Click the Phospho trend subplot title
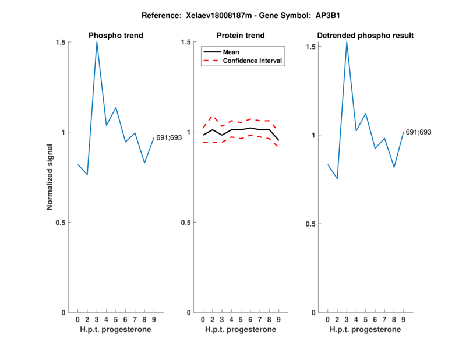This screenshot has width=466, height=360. [x=115, y=36]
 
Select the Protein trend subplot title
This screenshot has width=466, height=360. [x=240, y=36]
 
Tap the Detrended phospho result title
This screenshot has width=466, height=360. [x=365, y=36]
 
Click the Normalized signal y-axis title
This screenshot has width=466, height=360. [x=50, y=177]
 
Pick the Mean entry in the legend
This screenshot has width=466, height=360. [x=231, y=52]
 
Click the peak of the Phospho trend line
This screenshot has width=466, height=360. [x=97, y=42]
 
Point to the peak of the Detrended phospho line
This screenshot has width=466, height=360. [x=347, y=41]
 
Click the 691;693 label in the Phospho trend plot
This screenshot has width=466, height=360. [x=169, y=137]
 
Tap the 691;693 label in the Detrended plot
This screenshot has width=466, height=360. [x=418, y=132]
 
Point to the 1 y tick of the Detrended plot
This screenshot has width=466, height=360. [x=313, y=135]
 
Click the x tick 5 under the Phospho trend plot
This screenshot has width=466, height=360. [x=116, y=320]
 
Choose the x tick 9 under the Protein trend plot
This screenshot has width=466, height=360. [x=279, y=320]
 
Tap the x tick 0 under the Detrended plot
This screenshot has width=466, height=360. [x=327, y=320]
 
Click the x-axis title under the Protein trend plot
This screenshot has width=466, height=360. [x=241, y=330]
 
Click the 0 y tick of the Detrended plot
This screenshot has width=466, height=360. [x=313, y=313]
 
